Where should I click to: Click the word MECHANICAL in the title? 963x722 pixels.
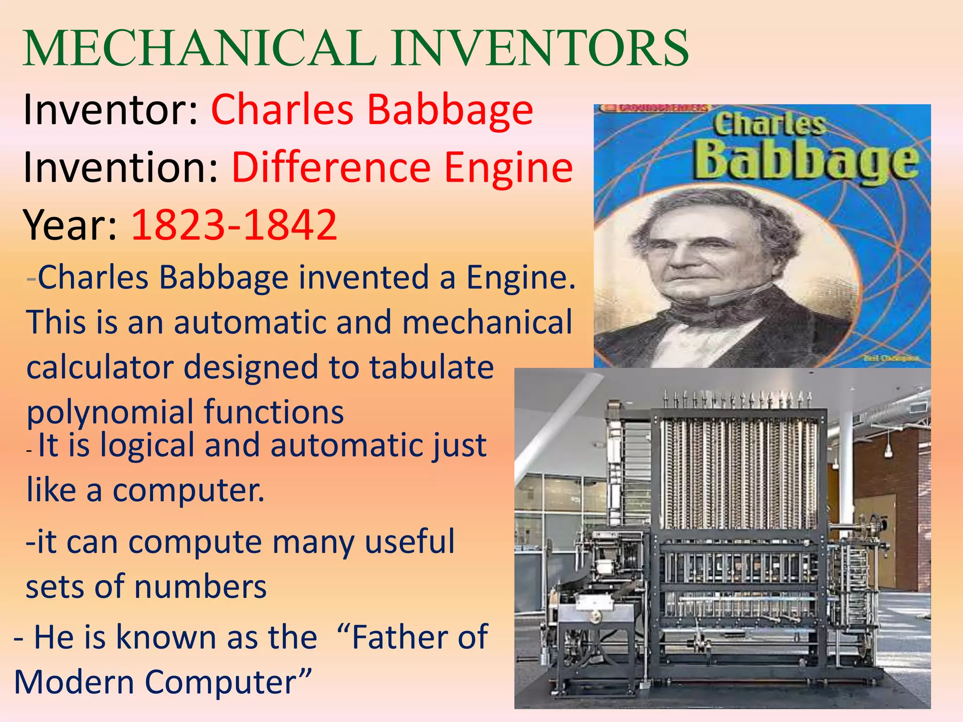pos(200,48)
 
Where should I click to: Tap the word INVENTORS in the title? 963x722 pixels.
pos(541,48)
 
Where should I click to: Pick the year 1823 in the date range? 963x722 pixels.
pos(178,225)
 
